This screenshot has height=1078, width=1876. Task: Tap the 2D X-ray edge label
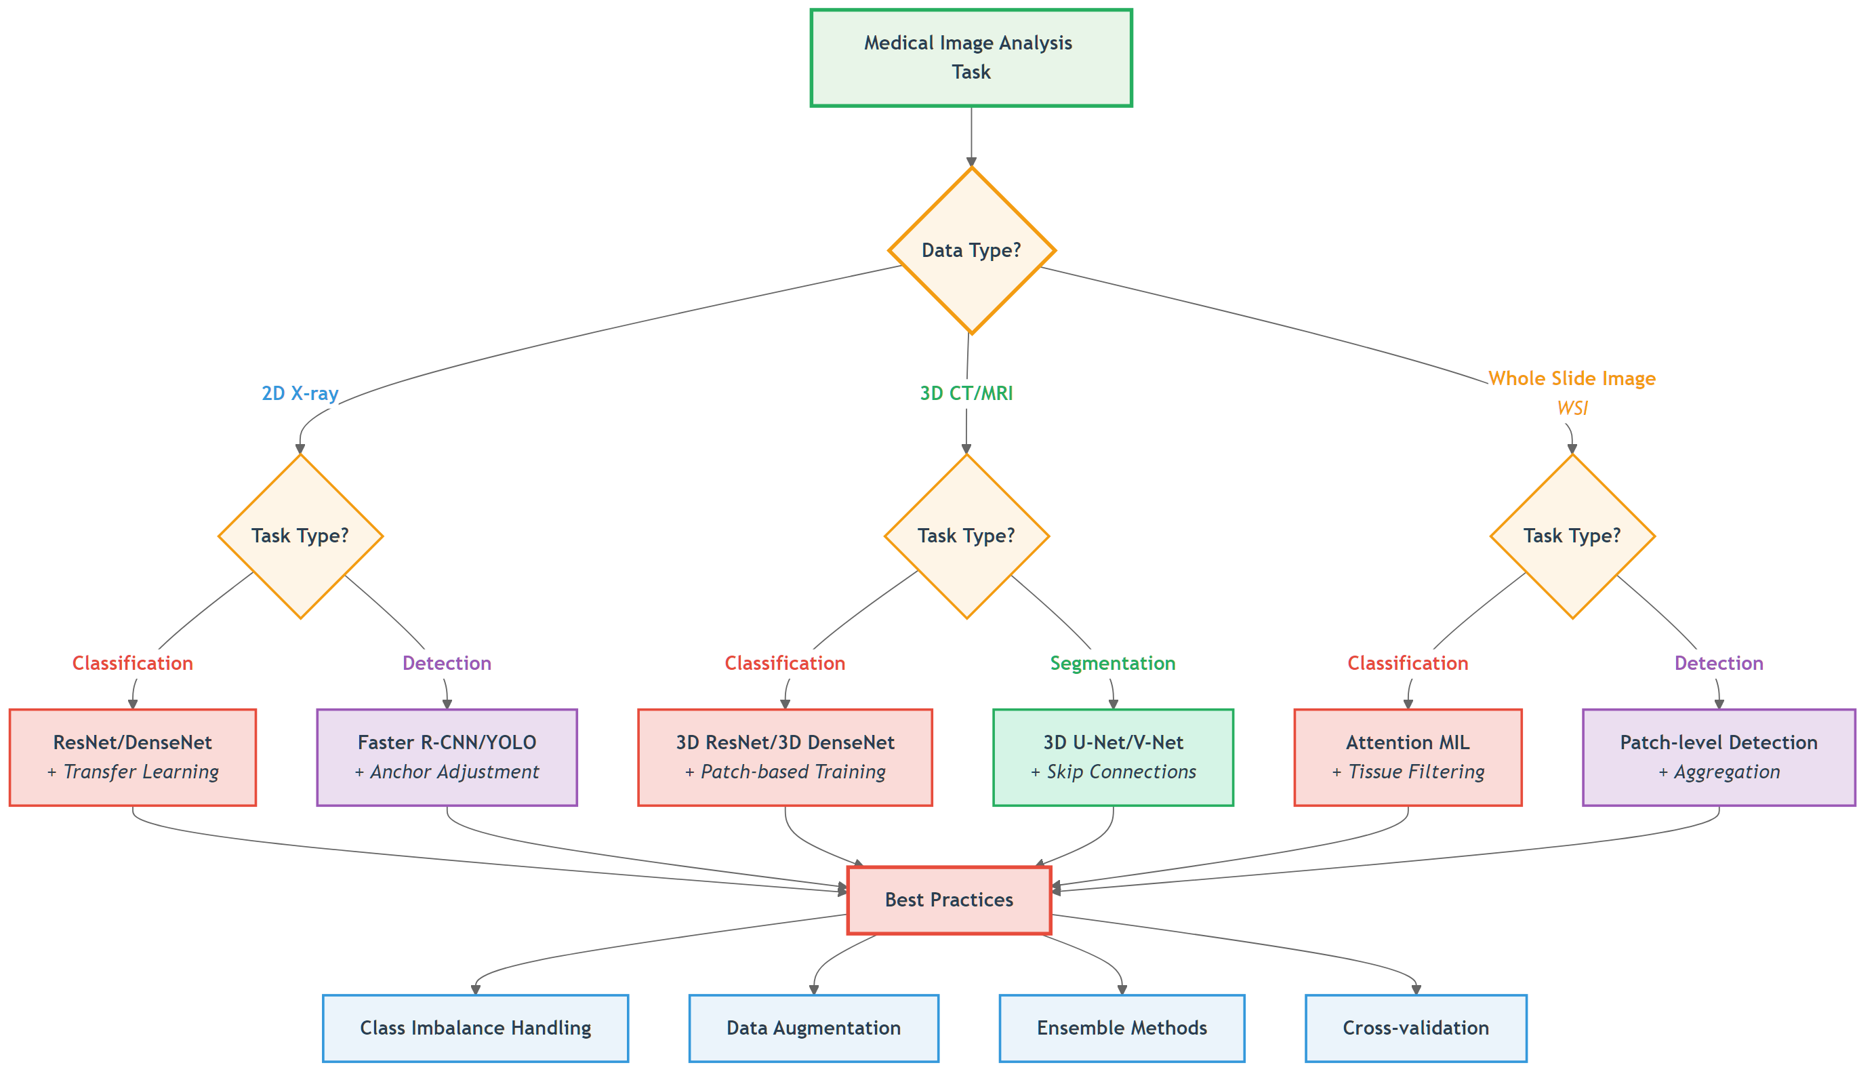click(x=300, y=393)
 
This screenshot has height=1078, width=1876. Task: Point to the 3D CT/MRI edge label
click(x=966, y=393)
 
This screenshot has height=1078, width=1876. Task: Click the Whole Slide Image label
click(x=1571, y=379)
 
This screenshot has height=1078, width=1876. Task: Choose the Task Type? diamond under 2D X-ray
click(x=300, y=536)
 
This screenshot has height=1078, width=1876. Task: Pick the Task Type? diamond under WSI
click(x=1571, y=536)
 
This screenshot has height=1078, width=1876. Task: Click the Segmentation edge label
click(x=1112, y=663)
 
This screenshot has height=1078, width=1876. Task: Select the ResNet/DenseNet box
click(x=132, y=757)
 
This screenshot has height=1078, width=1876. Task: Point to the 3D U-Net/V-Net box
click(x=1112, y=757)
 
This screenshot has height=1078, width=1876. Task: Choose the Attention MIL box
click(x=1407, y=757)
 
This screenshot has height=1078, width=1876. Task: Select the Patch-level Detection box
click(x=1717, y=757)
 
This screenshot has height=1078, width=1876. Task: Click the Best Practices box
click(x=949, y=900)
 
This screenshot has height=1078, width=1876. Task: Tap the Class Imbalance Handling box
click(x=475, y=1028)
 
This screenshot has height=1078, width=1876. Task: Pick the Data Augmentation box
click(x=813, y=1028)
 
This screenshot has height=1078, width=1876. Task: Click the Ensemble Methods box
click(x=1121, y=1028)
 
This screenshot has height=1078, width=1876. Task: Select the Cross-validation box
click(x=1415, y=1028)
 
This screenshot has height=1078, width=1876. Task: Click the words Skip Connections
click(x=1120, y=772)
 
